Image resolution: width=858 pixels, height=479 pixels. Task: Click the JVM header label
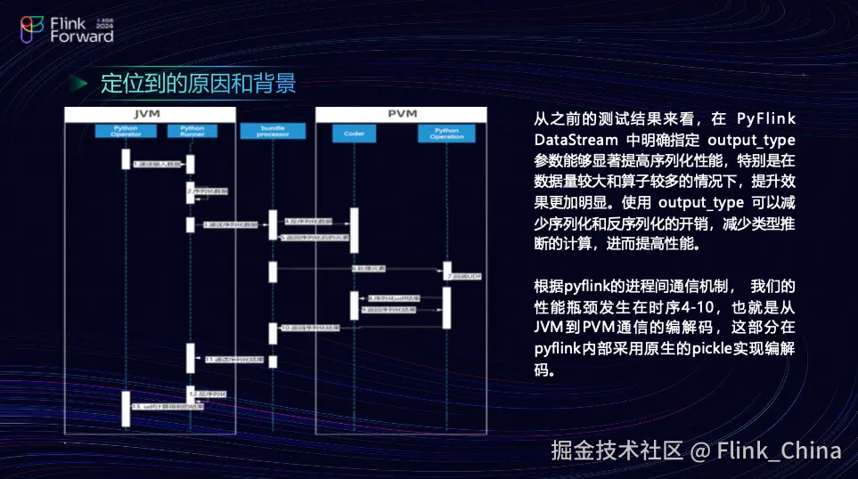coord(149,115)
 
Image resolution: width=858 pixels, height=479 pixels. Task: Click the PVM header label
coord(402,115)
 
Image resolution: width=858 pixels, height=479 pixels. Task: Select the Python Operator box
coord(126,132)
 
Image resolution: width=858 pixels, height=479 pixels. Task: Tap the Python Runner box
coord(192,132)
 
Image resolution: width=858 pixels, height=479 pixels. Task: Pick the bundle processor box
coord(273,132)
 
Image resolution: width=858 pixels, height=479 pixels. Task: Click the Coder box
coord(354,133)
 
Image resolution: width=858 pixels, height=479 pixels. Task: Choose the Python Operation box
coord(447,133)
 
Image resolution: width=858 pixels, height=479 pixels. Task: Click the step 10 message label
coord(307,328)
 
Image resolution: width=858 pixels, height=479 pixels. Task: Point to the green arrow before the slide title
coord(81,84)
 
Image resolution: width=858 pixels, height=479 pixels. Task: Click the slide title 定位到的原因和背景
coord(198,84)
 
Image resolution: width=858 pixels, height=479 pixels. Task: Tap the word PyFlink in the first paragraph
coord(765,119)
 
